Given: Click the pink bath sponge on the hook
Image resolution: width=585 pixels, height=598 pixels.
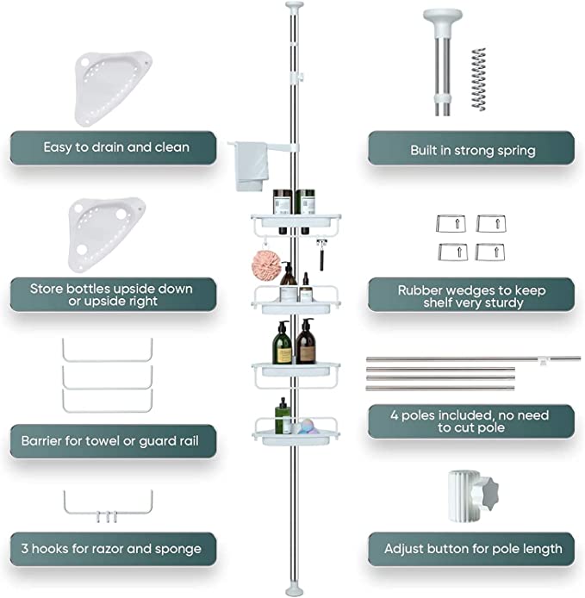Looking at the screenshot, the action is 266,263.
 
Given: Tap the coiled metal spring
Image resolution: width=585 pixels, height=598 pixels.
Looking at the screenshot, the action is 478,79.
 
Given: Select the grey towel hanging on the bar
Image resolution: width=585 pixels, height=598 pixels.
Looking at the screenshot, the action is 251,166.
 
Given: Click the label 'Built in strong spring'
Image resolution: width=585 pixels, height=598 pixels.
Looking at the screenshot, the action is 471,149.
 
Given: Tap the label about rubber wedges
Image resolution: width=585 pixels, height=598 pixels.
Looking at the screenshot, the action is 471,296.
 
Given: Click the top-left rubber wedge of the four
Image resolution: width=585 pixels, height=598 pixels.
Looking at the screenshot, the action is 451,223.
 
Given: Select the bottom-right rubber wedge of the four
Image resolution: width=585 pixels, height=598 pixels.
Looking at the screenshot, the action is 490,252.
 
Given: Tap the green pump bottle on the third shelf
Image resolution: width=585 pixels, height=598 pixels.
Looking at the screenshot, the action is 283,343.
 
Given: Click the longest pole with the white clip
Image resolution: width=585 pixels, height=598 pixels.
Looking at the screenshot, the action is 473,358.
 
